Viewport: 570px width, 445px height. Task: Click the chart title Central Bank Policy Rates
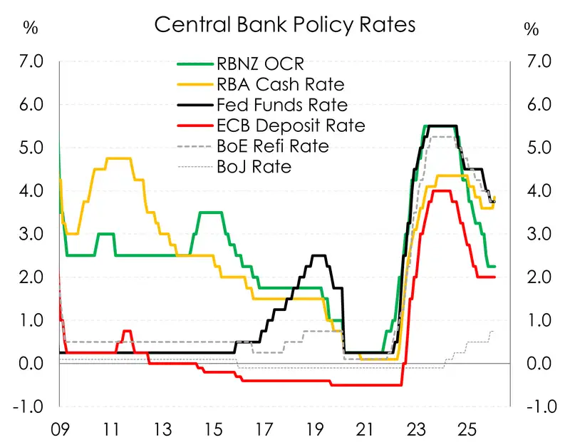tap(284, 26)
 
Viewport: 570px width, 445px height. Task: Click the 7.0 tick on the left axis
tap(33, 62)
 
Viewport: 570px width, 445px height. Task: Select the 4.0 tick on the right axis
tap(537, 191)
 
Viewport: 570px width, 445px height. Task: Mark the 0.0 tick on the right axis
tap(537, 364)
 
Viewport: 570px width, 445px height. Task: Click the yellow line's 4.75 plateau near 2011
tap(118, 158)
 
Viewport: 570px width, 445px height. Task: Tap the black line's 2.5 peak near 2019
tap(319, 255)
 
